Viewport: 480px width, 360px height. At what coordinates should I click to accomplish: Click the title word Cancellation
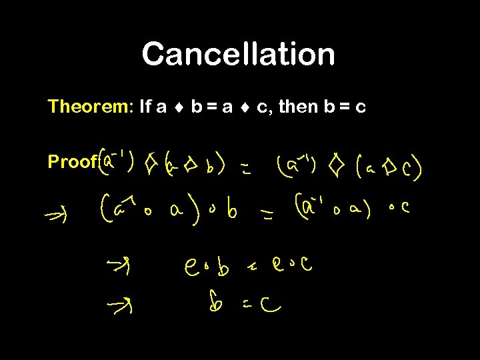[x=238, y=54]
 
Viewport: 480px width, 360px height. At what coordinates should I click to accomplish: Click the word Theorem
[x=91, y=107]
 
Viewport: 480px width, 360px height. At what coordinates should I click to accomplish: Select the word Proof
[x=72, y=162]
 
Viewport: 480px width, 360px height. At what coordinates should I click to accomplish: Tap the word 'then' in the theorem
[x=298, y=107]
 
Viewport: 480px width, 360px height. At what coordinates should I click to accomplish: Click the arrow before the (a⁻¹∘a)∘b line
[x=55, y=215]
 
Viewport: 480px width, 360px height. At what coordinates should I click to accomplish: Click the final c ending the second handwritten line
[x=405, y=209]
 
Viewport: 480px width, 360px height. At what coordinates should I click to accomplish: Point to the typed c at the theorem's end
[x=361, y=107]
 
